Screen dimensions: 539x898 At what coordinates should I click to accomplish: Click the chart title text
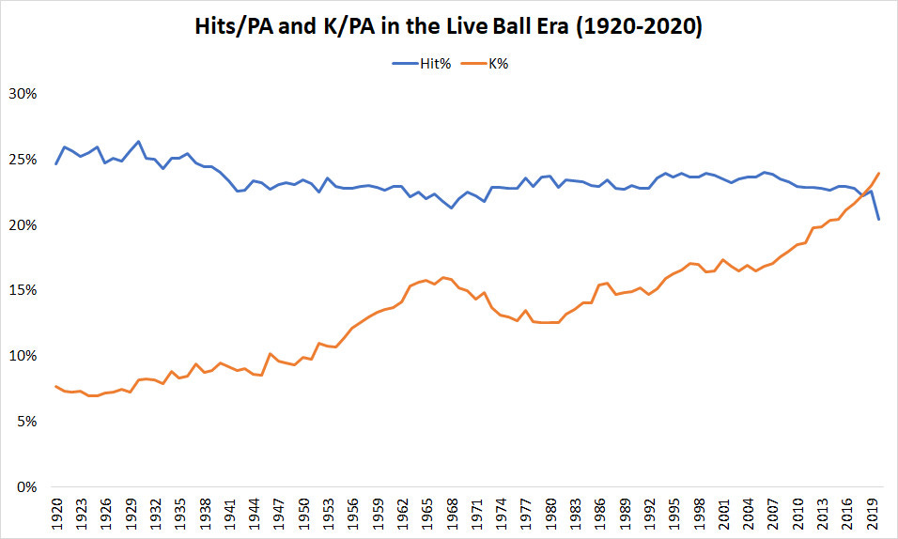click(x=449, y=28)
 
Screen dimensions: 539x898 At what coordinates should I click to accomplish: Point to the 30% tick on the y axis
click(x=22, y=95)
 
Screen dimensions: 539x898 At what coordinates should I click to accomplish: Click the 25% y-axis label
click(x=22, y=161)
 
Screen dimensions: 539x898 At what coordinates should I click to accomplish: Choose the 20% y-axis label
click(x=22, y=226)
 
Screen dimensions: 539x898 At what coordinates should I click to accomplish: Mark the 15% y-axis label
click(x=22, y=291)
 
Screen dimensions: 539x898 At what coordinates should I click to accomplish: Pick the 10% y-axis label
click(x=22, y=357)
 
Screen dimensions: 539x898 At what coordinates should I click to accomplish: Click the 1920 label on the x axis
click(x=56, y=514)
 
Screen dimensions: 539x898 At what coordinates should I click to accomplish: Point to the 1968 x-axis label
click(x=451, y=514)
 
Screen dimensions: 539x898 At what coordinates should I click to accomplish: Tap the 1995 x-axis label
click(x=673, y=514)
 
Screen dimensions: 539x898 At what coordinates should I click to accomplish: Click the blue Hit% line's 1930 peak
click(x=138, y=142)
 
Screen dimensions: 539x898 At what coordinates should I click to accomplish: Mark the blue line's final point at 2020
click(x=877, y=220)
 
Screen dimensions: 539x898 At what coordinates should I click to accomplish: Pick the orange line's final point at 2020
click(x=877, y=173)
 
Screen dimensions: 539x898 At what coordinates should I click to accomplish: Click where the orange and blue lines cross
click(x=862, y=194)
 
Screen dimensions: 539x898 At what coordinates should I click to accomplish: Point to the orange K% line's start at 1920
click(x=56, y=386)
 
